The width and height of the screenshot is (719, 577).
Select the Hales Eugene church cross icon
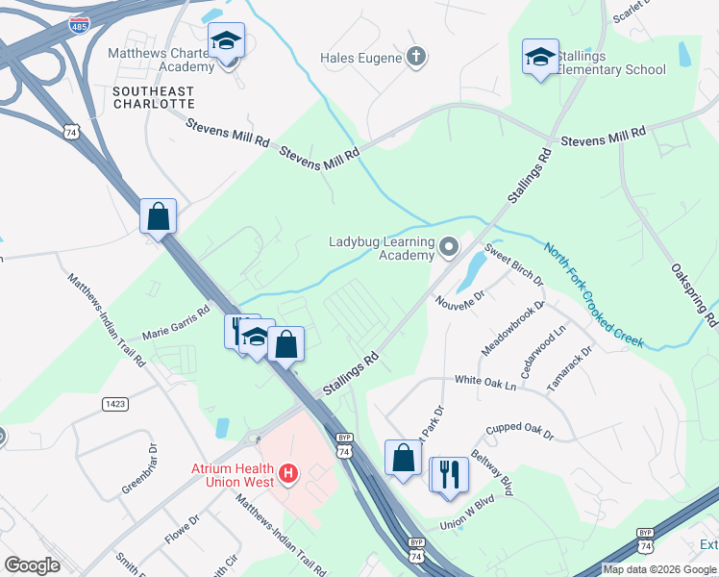[x=415, y=58]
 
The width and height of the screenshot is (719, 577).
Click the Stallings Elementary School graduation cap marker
[x=540, y=57]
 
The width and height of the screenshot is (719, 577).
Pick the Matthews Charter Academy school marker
[x=227, y=41]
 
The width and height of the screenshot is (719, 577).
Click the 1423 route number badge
[x=114, y=404]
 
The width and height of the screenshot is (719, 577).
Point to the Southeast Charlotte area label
[x=153, y=97]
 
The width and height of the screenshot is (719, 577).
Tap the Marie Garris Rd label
[x=175, y=324]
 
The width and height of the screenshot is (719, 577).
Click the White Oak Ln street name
[x=484, y=383]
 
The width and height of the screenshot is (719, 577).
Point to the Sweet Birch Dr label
[x=513, y=265]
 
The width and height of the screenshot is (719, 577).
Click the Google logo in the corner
[x=32, y=565]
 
